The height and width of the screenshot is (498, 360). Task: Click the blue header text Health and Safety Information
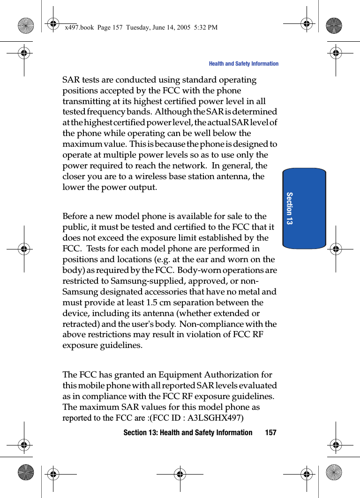point(243,64)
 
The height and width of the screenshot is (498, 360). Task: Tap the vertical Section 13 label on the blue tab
point(289,208)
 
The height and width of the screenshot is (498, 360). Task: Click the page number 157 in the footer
point(270,432)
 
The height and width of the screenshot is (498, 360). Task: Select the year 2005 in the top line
point(181,28)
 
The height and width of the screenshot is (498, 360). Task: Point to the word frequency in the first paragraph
point(105,112)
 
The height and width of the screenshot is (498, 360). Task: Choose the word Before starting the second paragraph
point(76,216)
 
